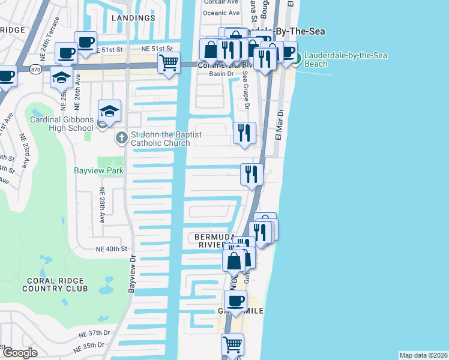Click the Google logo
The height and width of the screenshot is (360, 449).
(x=19, y=353)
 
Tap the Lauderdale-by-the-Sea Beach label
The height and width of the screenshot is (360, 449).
(x=345, y=59)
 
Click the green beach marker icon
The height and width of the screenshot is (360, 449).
(x=297, y=58)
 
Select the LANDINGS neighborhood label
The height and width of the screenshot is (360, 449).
(x=133, y=18)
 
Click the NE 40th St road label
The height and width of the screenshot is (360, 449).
(x=112, y=248)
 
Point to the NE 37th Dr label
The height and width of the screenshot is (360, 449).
(x=94, y=333)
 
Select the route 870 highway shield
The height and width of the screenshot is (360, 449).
(x=35, y=70)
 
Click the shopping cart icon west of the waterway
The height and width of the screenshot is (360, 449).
(x=169, y=62)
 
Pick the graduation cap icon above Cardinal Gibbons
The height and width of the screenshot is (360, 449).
(x=110, y=110)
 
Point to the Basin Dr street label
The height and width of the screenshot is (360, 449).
(x=221, y=74)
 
